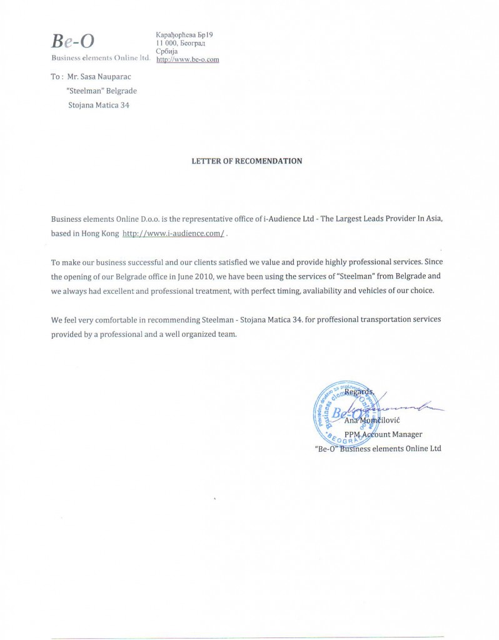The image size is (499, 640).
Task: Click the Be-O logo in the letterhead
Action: [73, 41]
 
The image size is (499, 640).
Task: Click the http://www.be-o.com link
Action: [187, 59]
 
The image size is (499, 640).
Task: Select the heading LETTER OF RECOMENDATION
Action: [246, 161]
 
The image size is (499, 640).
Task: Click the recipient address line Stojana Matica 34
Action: [98, 104]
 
